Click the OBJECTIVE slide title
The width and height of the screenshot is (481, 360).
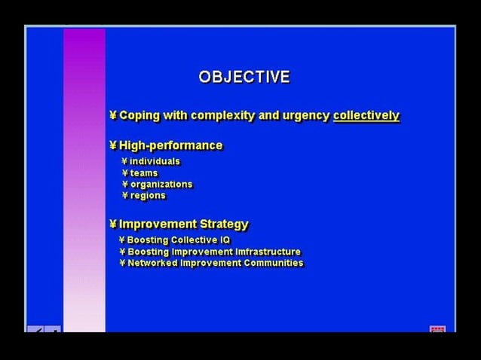click(244, 77)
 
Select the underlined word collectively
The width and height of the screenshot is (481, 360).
click(366, 115)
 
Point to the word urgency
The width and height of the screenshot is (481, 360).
click(305, 115)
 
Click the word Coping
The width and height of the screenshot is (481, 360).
click(139, 115)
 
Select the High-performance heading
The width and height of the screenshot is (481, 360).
click(170, 145)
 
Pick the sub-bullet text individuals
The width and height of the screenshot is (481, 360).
click(155, 161)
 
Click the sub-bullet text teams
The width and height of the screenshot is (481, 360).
click(143, 173)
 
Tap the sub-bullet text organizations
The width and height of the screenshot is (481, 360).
click(161, 185)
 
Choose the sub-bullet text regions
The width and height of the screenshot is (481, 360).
click(147, 196)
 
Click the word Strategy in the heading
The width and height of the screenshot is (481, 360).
click(223, 224)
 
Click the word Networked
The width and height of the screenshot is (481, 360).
click(152, 263)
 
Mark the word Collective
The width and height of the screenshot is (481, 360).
click(189, 240)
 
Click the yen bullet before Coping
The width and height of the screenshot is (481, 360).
click(113, 115)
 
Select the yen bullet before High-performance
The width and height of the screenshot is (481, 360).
click(113, 145)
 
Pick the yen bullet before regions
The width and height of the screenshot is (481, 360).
click(125, 196)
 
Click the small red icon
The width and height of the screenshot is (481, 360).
click(437, 330)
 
